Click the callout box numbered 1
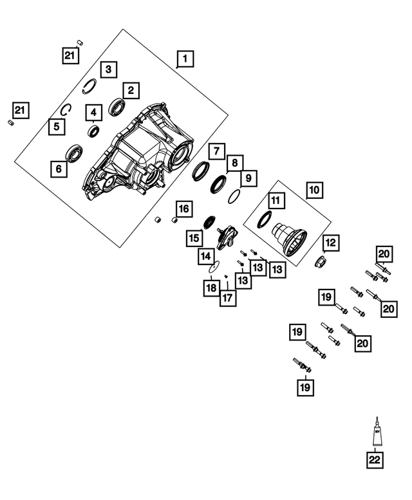(185, 60)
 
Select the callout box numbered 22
(375, 460)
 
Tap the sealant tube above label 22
(375, 434)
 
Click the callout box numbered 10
(314, 190)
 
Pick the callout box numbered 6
(59, 169)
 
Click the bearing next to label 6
(75, 154)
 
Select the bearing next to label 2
(117, 106)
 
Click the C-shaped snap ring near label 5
(66, 110)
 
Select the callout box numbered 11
(276, 201)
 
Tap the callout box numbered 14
(205, 255)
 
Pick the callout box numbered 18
(211, 288)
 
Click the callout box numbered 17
(228, 298)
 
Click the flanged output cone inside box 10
(290, 235)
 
